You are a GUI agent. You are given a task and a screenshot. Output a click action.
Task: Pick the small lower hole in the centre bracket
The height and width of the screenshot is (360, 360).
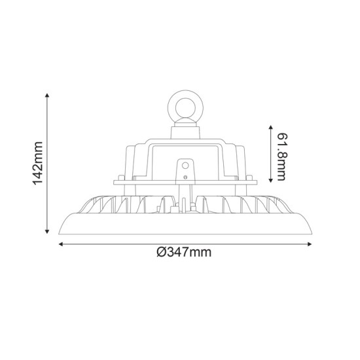point(185,176)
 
